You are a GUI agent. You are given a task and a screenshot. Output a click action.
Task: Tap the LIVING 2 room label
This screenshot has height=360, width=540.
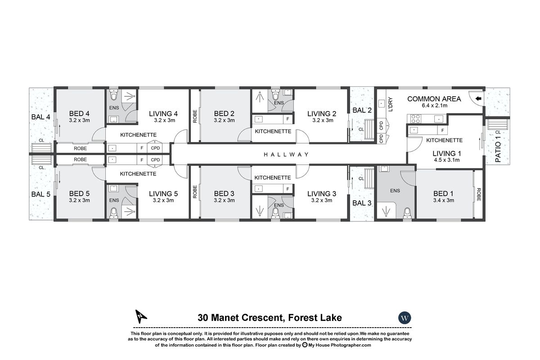322,113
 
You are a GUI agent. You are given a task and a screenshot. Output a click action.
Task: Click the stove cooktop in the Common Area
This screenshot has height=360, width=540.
414,119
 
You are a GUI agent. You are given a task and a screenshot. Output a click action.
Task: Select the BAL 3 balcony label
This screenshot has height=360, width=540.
362,203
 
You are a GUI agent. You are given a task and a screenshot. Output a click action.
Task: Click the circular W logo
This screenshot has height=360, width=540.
405,318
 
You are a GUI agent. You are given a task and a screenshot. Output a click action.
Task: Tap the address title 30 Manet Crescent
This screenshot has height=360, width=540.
270,318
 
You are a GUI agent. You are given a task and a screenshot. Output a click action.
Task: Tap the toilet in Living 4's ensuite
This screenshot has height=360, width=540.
113,96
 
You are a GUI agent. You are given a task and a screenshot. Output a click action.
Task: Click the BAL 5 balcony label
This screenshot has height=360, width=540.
40,194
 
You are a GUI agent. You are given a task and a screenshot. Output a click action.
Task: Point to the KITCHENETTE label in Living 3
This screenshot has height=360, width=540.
273,178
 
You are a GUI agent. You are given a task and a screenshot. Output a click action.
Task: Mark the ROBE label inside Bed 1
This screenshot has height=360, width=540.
479,194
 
